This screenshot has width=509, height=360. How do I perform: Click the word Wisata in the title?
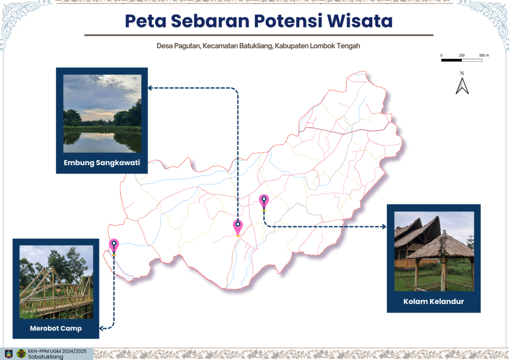[x=360, y=21]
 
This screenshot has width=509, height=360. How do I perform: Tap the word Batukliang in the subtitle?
[x=256, y=46]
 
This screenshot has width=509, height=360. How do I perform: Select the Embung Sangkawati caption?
[x=102, y=163]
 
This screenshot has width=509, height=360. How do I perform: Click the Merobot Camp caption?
[x=56, y=328]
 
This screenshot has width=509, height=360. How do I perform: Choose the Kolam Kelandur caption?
[x=433, y=301]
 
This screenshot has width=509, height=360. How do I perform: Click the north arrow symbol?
[x=462, y=86]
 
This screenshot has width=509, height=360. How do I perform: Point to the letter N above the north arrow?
[x=462, y=73]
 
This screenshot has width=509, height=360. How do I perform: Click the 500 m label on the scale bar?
[x=484, y=55]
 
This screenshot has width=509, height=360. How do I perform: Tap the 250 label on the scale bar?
[x=462, y=55]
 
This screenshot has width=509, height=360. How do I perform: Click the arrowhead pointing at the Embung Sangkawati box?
[x=150, y=88]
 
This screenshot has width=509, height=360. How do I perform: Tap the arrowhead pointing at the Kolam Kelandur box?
[x=384, y=227]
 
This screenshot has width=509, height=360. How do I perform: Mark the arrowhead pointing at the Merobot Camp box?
[x=102, y=329]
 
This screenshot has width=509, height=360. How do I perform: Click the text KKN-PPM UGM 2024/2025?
[x=57, y=351]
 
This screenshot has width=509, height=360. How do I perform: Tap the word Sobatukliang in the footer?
[x=45, y=357]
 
